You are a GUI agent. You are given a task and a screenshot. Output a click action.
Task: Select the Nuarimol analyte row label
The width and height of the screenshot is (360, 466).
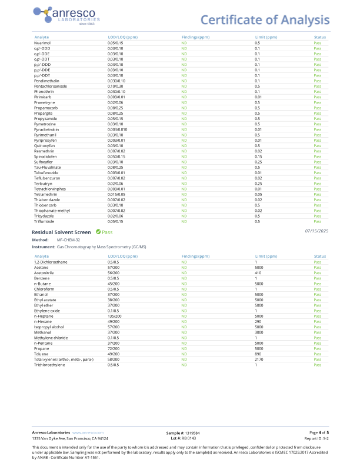pyautogui.click(x=42, y=43)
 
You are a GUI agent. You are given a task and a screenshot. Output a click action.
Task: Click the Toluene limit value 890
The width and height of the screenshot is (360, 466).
pyautogui.click(x=258, y=354)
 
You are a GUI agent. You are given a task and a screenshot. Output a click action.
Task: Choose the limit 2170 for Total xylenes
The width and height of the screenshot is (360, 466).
pyautogui.click(x=259, y=360)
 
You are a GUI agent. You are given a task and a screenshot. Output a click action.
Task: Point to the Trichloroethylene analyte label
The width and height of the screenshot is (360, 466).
pyautogui.click(x=49, y=365)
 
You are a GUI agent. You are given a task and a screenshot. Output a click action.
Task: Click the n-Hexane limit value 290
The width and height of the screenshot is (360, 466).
pyautogui.click(x=258, y=321)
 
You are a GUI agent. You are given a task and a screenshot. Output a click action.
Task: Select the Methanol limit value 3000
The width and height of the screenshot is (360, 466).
pyautogui.click(x=259, y=332)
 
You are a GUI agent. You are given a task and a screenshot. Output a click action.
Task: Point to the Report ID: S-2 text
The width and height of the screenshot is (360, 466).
pyautogui.click(x=316, y=438)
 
